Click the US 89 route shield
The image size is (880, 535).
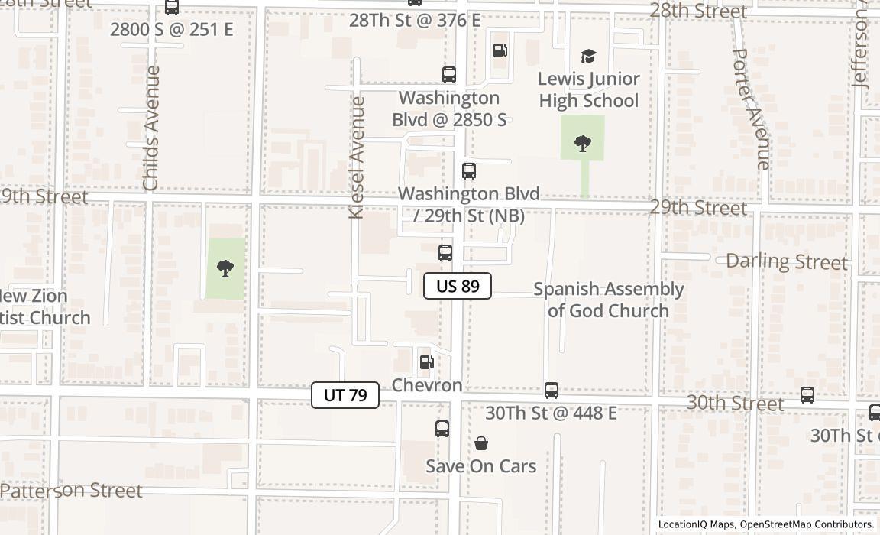point(458,286)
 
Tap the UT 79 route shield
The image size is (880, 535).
point(345,395)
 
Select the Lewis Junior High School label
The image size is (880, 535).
point(588,90)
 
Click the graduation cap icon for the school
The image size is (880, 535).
point(588,56)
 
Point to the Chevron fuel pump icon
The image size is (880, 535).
point(427,362)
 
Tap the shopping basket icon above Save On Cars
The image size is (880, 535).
point(481,443)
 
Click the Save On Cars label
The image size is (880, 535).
point(480,466)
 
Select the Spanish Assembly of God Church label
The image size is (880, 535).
point(608,300)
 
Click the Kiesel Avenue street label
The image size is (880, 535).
point(357,157)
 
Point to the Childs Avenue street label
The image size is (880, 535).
point(151,128)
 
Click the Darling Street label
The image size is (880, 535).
point(786,261)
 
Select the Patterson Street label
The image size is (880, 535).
point(72,490)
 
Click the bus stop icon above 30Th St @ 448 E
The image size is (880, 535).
point(552,391)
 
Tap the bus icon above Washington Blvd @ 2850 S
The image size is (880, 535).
point(449,75)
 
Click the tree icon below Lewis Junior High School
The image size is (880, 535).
point(583,143)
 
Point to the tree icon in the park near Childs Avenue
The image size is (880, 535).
point(225,267)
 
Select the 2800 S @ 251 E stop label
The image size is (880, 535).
point(171,30)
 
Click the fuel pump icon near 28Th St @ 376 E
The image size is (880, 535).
point(500,51)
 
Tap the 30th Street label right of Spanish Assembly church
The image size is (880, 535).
point(735,403)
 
